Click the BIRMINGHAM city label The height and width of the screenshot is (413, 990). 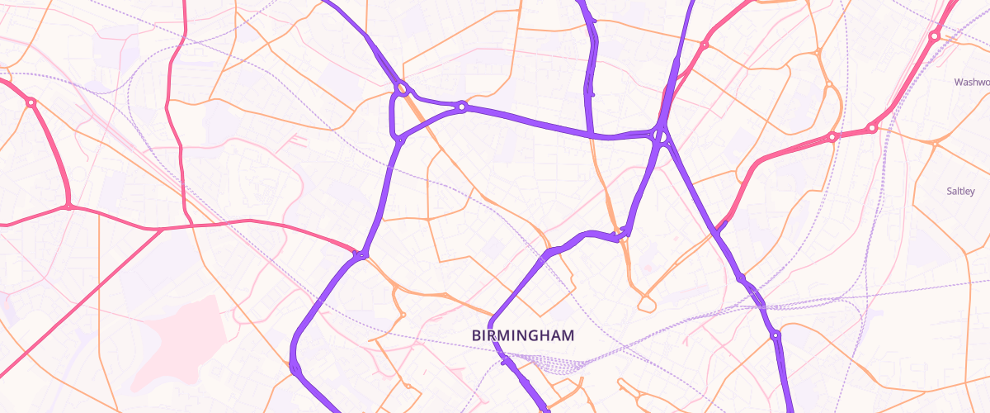[x=523, y=335]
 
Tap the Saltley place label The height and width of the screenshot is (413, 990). [x=960, y=192]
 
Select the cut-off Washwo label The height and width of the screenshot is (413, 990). [x=971, y=82]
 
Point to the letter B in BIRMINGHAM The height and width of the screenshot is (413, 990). [x=476, y=335]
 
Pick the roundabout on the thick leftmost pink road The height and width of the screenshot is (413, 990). [x=31, y=102]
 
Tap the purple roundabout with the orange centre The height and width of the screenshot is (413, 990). [x=402, y=88]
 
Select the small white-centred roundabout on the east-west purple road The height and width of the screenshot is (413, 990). [x=462, y=107]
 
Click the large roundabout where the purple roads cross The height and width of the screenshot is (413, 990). [x=659, y=135]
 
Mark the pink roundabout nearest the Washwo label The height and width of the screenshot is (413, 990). [x=934, y=36]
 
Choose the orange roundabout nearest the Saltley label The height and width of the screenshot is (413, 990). [x=935, y=145]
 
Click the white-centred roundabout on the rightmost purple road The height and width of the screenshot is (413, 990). [x=775, y=335]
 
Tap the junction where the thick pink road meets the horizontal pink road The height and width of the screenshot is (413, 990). [x=69, y=206]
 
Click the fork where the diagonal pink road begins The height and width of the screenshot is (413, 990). [x=162, y=229]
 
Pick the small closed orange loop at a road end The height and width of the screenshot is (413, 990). [x=647, y=304]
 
